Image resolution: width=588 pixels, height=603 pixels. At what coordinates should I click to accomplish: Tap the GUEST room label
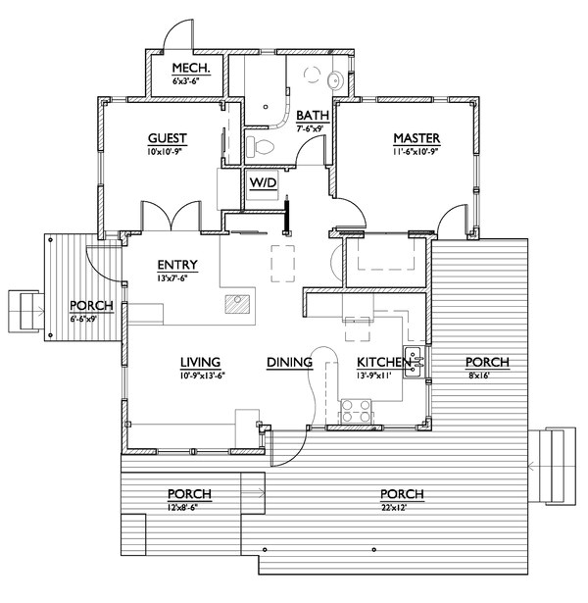pyautogui.click(x=168, y=138)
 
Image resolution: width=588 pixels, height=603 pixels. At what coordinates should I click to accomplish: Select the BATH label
pyautogui.click(x=314, y=116)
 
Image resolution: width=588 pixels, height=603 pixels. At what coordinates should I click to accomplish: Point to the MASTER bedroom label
pyautogui.click(x=416, y=138)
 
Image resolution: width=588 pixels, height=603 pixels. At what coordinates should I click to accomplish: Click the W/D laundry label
pyautogui.click(x=263, y=183)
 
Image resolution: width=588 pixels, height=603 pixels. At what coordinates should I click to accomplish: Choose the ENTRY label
pyautogui.click(x=178, y=265)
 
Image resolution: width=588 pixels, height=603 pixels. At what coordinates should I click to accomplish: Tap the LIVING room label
pyautogui.click(x=199, y=362)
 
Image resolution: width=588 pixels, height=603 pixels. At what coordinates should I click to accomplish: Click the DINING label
pyautogui.click(x=289, y=362)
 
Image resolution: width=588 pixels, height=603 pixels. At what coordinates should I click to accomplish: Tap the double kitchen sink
pyautogui.click(x=414, y=363)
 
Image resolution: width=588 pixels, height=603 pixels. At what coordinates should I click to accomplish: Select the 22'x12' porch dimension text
pyautogui.click(x=404, y=507)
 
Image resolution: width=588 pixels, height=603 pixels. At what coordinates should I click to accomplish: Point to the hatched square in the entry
pyautogui.click(x=236, y=304)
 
